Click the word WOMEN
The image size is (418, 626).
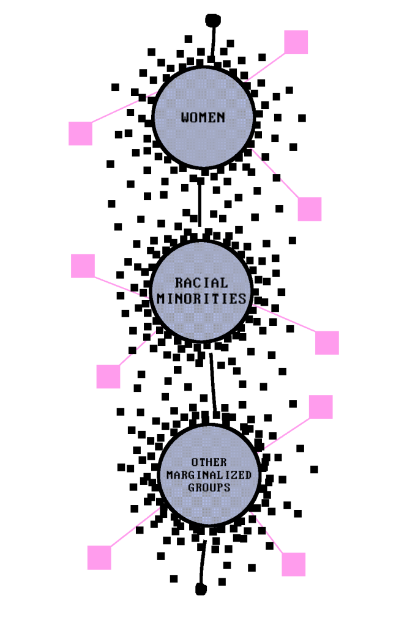click(203, 117)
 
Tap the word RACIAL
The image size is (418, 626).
click(201, 283)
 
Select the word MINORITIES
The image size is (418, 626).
click(201, 298)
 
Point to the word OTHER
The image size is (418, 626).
click(209, 462)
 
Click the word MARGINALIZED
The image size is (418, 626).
click(209, 475)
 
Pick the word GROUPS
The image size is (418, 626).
click(209, 488)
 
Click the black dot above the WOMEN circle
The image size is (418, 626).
click(212, 19)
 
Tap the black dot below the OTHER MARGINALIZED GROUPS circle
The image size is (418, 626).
click(201, 589)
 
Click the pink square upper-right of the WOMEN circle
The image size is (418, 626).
click(296, 42)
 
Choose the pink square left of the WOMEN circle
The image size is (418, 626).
click(80, 133)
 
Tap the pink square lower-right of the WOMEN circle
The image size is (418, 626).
click(310, 209)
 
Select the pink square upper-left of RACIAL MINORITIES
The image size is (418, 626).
click(83, 266)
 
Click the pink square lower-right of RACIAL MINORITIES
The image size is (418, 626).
click(327, 343)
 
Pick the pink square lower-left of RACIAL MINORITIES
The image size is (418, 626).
click(108, 376)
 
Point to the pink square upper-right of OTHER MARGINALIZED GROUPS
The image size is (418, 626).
click(321, 407)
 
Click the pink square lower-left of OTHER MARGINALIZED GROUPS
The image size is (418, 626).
click(99, 558)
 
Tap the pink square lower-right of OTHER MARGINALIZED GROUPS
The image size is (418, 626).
click(294, 564)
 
